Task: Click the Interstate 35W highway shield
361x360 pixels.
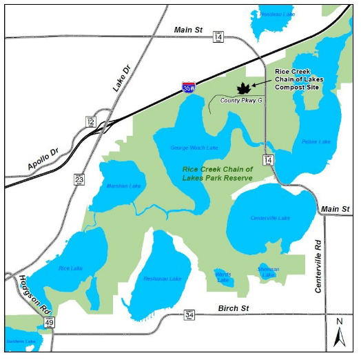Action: click(188, 88)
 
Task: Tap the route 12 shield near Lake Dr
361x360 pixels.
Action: click(90, 121)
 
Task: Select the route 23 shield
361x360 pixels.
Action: click(79, 179)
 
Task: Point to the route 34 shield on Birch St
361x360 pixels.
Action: click(189, 315)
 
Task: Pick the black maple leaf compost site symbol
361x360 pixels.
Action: click(243, 88)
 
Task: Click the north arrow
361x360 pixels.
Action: click(339, 332)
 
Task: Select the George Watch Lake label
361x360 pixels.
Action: click(194, 148)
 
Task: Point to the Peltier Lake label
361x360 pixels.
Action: click(316, 142)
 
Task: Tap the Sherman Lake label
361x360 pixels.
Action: click(269, 268)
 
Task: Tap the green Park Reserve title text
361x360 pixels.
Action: click(218, 173)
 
